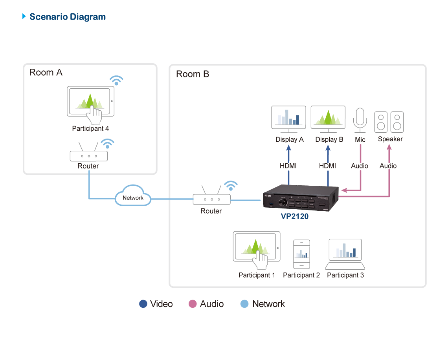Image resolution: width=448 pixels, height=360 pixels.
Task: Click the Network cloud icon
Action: coord(133,197)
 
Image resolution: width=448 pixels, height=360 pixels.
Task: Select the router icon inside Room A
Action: coord(89,156)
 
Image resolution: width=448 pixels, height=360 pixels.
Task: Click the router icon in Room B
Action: coord(211,199)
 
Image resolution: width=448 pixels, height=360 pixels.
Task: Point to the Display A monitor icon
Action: coord(288,117)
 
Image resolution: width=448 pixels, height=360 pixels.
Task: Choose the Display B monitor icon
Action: coord(328,117)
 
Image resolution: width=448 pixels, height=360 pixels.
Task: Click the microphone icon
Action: coord(360,119)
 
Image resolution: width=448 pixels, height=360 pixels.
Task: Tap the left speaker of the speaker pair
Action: coord(380,122)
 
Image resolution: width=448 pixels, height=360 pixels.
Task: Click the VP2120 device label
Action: coord(294,216)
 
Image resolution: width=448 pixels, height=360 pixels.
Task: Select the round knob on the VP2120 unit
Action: coord(283,203)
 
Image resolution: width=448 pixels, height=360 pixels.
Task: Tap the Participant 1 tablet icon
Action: coord(257,247)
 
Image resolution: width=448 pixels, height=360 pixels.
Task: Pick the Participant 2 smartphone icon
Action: coord(301,254)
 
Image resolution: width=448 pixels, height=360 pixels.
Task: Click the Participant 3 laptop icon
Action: coord(345,250)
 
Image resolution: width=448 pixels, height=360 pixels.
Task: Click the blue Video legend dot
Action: coord(143,304)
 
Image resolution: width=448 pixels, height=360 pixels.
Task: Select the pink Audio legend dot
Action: coord(193,304)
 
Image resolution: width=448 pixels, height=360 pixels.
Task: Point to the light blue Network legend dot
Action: coord(244,304)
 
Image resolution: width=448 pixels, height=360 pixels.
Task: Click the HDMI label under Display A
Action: coord(288,166)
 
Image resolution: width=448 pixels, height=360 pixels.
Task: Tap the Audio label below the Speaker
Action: coord(388,166)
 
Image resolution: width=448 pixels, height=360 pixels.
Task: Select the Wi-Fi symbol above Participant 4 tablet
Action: coord(116,80)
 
